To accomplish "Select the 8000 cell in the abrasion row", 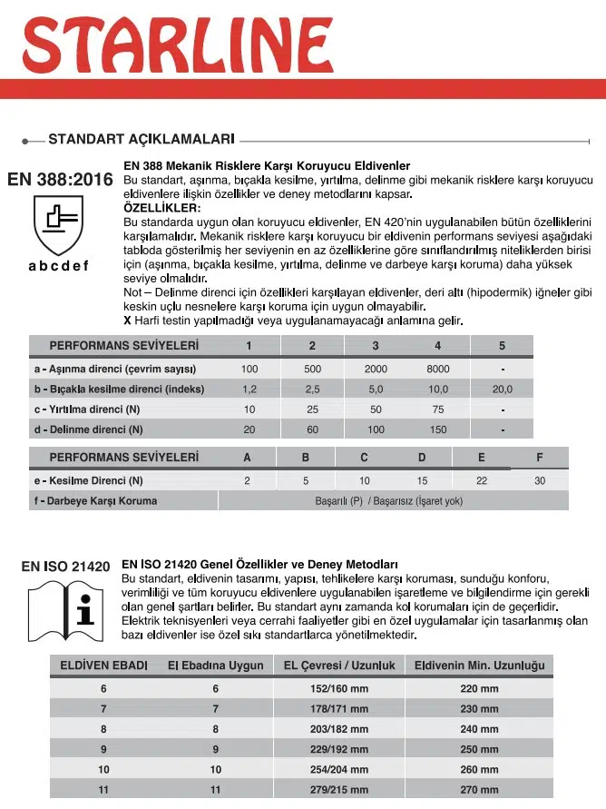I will pos(437,369).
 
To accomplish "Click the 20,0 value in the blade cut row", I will pos(502,389).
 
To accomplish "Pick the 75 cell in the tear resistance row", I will pos(437,409).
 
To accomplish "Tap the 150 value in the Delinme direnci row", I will pos(437,429).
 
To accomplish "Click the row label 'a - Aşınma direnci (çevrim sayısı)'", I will pos(115,369).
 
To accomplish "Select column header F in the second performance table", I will pos(540,457).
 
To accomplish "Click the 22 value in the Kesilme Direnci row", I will pos(481,480).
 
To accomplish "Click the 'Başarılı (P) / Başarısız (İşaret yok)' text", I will pos(388,500).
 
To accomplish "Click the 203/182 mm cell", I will pos(339,728).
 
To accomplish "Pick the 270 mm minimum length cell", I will pos(478,790).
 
